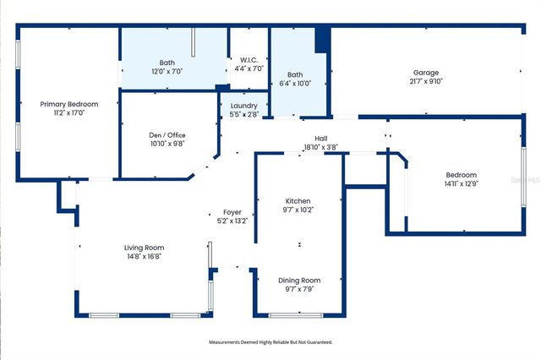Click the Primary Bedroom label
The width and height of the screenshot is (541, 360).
[69, 104]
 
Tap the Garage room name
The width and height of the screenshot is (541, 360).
[428, 72]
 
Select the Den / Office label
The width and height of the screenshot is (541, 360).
[167, 135]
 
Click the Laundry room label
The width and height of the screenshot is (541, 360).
[244, 106]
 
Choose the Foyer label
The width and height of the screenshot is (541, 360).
[232, 211]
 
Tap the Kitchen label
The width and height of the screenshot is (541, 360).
[298, 200]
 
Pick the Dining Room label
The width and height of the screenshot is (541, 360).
[299, 280]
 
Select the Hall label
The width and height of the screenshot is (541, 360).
[320, 138]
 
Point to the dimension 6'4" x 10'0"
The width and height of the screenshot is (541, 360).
[295, 83]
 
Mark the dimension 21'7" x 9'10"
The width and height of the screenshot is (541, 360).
[428, 81]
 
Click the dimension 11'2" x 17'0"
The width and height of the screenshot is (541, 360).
[69, 113]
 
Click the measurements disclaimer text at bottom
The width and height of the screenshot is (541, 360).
[270, 342]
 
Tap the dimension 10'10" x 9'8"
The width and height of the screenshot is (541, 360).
[167, 145]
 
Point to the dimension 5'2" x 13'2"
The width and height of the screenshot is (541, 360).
[232, 221]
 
